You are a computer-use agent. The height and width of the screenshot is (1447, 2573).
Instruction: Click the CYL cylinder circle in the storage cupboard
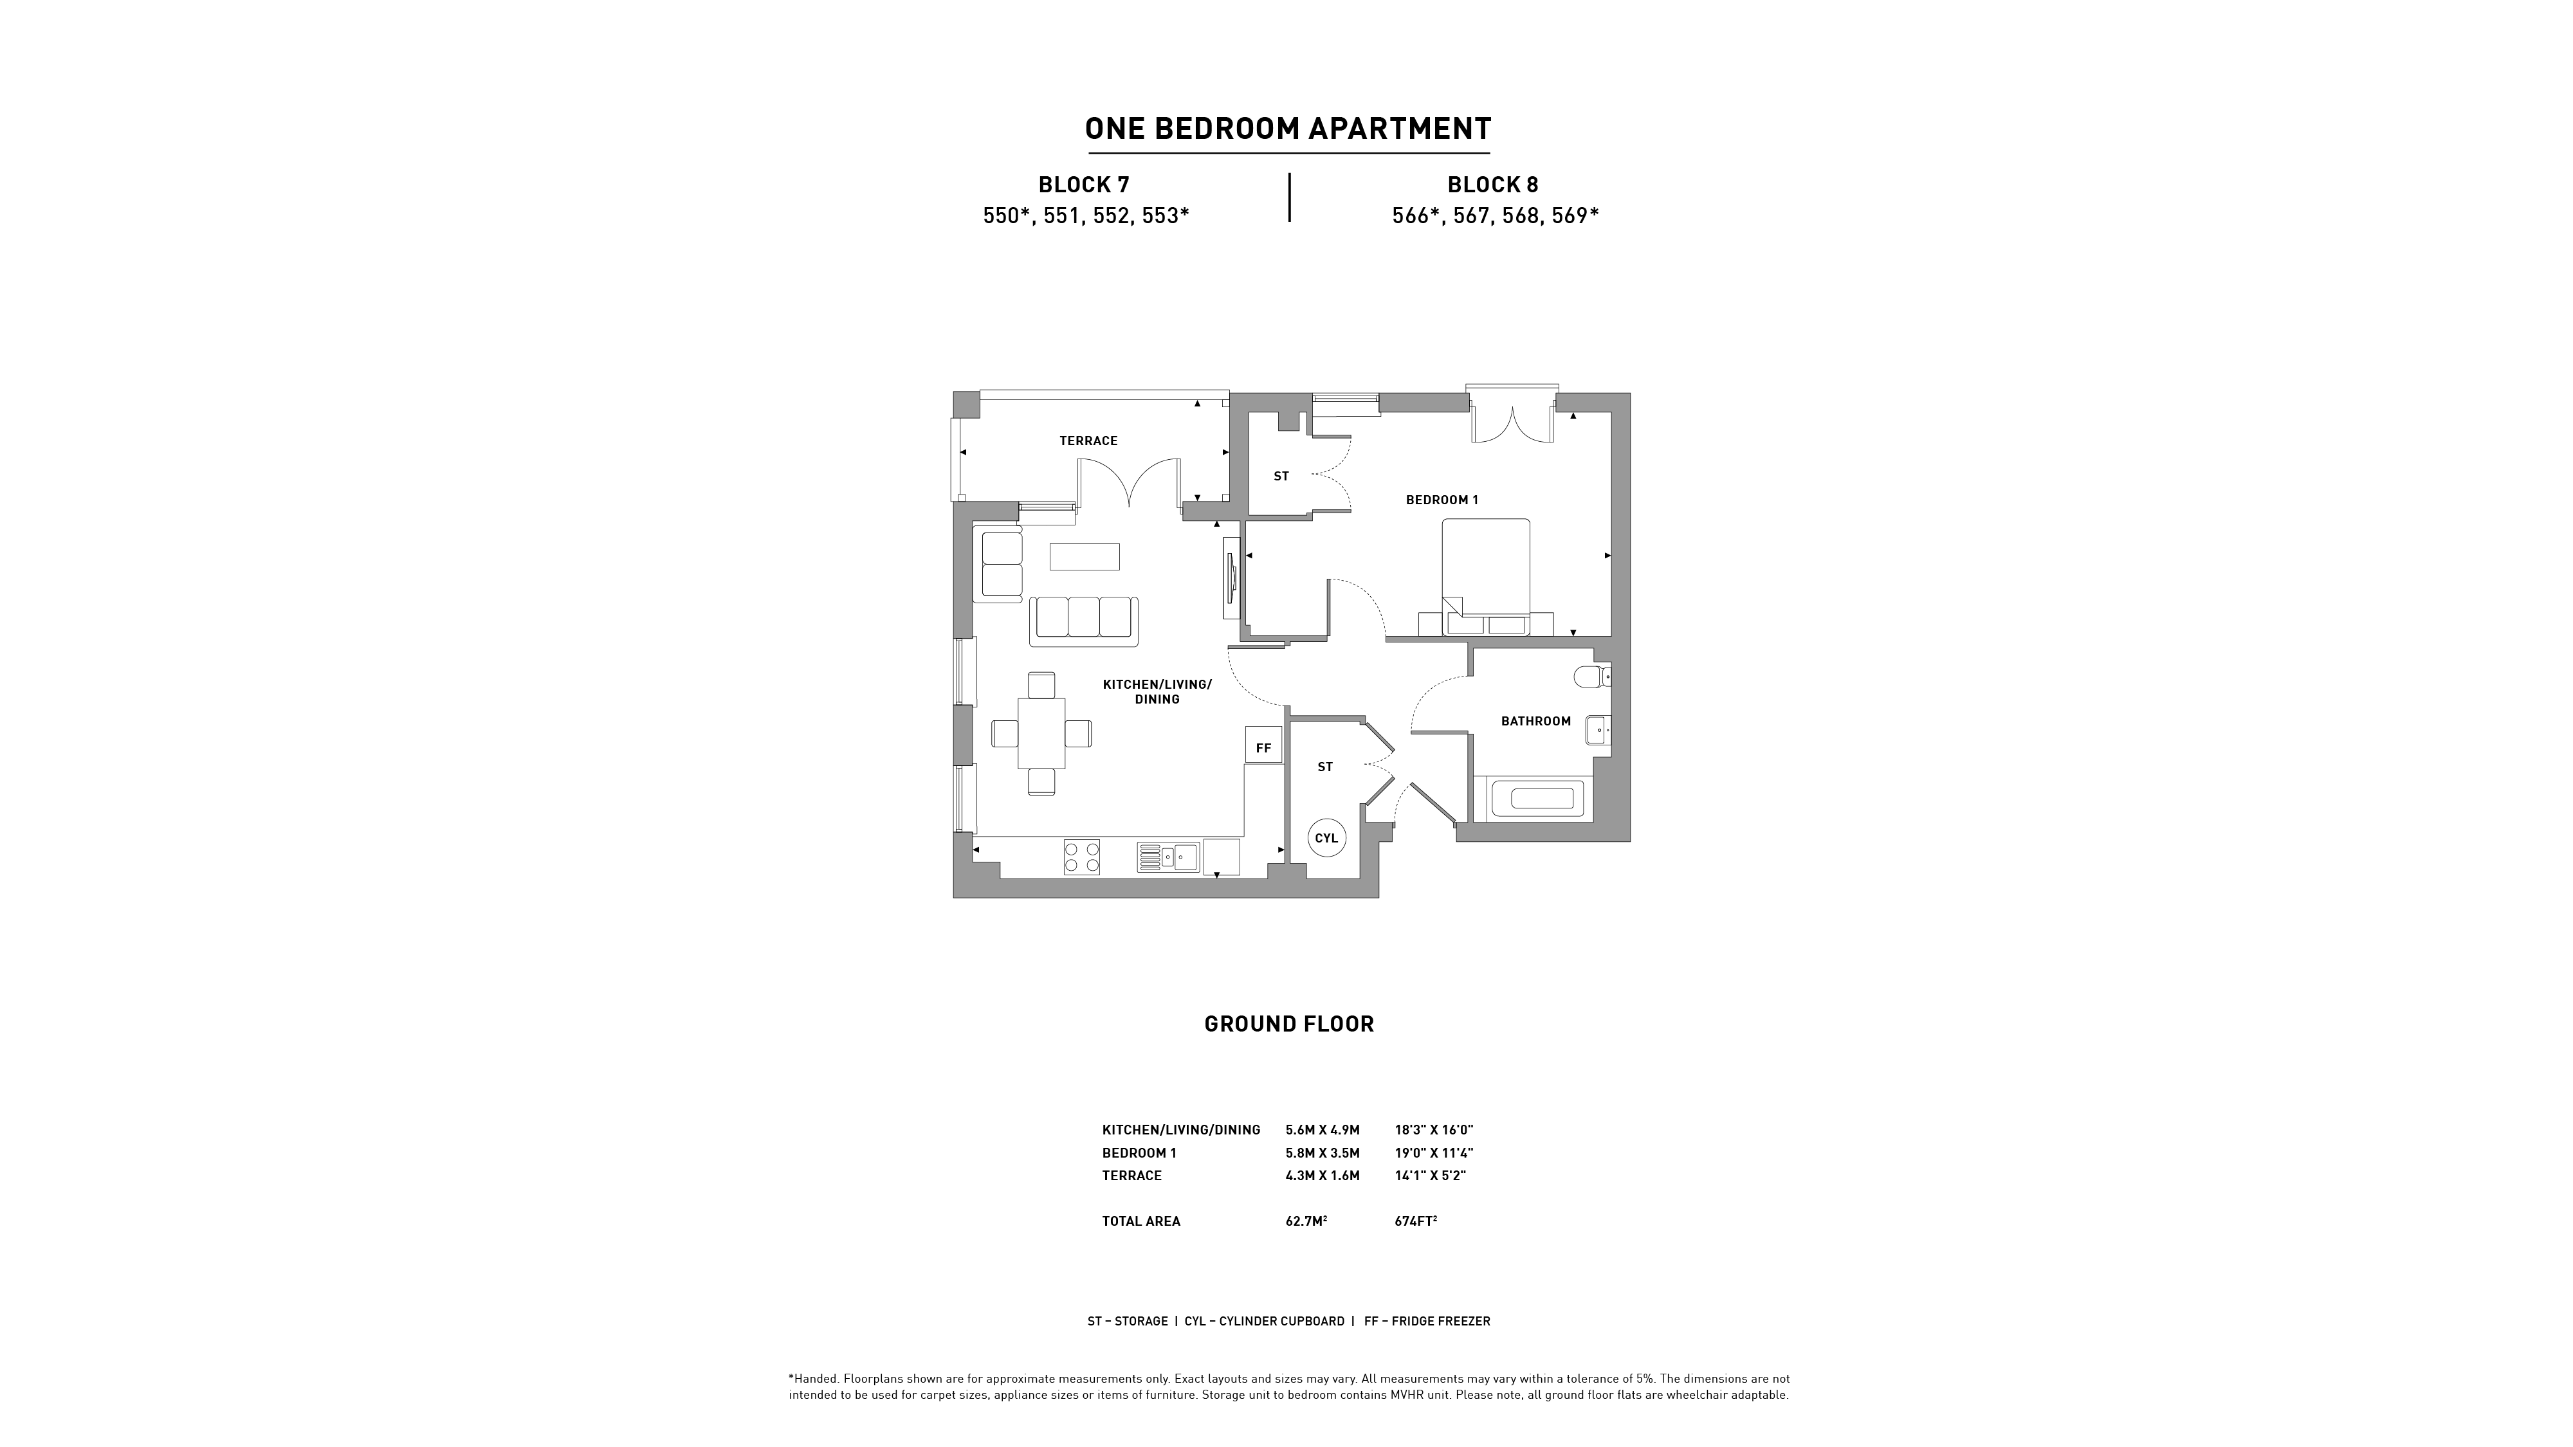1326,838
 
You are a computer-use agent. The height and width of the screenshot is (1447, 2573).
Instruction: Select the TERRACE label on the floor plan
1089,441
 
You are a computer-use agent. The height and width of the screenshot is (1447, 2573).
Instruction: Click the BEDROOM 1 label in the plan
1442,499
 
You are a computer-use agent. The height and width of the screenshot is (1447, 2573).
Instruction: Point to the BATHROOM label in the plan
1536,721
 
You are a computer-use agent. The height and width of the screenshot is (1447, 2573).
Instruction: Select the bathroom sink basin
1598,730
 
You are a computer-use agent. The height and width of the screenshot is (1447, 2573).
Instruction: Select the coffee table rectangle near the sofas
1085,556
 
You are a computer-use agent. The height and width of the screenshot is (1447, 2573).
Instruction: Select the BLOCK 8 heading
1493,185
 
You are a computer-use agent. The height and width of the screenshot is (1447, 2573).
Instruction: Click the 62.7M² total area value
1306,1221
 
